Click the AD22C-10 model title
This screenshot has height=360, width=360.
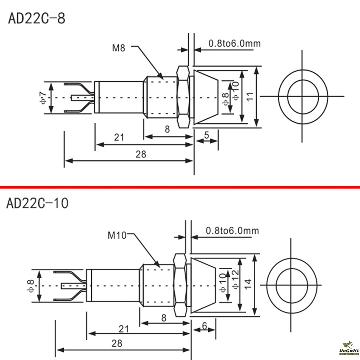tap(37, 203)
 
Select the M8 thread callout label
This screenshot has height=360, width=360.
tap(118, 48)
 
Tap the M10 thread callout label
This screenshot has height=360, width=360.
tap(117, 236)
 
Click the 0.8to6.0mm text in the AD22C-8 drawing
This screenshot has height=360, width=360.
tap(234, 44)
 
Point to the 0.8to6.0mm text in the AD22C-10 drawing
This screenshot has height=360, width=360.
tap(232, 230)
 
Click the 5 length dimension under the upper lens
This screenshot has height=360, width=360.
tap(207, 135)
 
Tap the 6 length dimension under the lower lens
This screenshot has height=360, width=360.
tap(204, 326)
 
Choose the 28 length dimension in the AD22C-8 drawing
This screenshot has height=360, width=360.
tap(141, 154)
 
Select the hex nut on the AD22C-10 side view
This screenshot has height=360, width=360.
tap(179, 285)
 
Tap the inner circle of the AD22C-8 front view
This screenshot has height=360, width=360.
tap(303, 96)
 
